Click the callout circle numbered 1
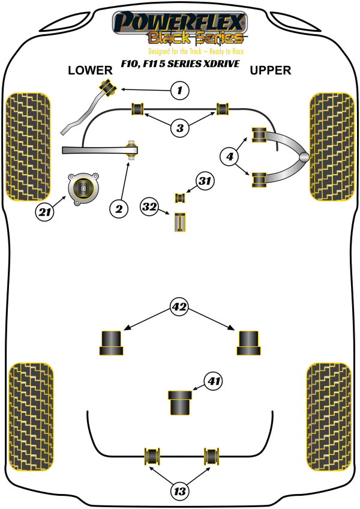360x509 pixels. pos(180,90)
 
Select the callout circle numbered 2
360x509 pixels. pos(119,209)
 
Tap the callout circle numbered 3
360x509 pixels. pos(180,128)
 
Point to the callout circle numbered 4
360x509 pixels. pos(230,157)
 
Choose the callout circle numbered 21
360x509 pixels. pos(44,212)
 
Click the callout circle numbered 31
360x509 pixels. pos(205,181)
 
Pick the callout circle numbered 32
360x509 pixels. pos(149,206)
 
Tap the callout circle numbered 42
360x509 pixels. pos(179,307)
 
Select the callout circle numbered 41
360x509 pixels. pos(213,381)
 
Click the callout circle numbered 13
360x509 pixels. pos(179,491)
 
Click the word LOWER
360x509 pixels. pos(90,70)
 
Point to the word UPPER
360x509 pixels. pos(271,70)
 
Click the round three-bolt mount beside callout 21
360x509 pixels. pos(83,189)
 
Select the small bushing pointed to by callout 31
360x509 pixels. pos(180,197)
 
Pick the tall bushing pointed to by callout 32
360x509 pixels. pos(180,222)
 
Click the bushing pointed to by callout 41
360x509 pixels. pos(180,403)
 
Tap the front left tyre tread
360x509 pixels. pos(28,147)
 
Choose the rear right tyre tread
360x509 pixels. pos(329,417)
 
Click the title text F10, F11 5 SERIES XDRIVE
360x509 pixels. pos(180,64)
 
